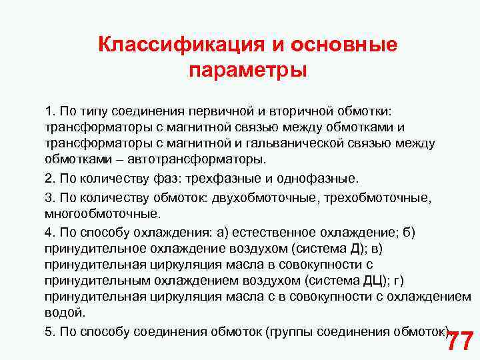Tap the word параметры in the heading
247,70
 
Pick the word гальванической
307,143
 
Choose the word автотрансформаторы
207,160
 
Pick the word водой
65,313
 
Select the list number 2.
49,179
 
